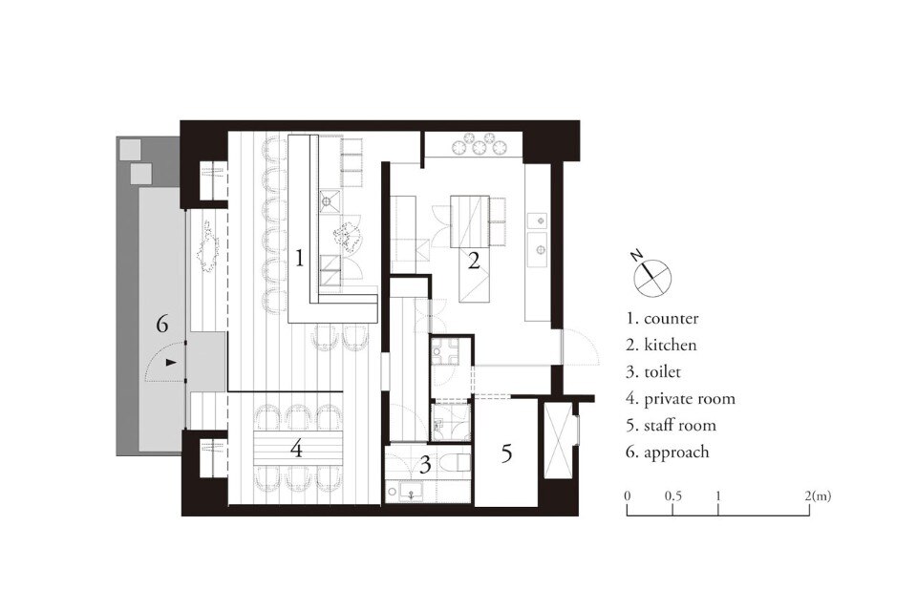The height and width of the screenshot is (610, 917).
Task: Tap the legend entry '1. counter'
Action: click(x=663, y=319)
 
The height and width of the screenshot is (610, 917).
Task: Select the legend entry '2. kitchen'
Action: click(x=661, y=345)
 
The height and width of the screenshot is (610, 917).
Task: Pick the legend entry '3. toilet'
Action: click(x=653, y=371)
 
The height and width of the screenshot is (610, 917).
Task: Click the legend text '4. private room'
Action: click(x=681, y=399)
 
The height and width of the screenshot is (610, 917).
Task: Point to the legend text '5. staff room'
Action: click(x=672, y=426)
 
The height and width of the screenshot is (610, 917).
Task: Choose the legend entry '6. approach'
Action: click(x=668, y=452)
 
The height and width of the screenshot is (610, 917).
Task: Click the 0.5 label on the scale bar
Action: click(x=673, y=496)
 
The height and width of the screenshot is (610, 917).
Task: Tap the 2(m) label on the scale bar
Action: click(x=818, y=496)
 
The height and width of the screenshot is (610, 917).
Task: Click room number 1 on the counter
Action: click(x=299, y=258)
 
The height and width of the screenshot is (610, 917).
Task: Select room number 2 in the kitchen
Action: click(x=474, y=260)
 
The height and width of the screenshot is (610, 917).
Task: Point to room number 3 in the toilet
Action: click(x=425, y=465)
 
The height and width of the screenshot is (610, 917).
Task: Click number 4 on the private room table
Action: click(x=296, y=449)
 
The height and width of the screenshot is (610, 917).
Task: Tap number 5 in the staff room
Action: click(x=506, y=452)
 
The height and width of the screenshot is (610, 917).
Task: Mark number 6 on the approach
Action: click(x=162, y=323)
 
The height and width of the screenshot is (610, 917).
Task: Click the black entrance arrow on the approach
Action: click(x=171, y=363)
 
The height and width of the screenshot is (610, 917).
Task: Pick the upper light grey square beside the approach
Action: click(x=129, y=150)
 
